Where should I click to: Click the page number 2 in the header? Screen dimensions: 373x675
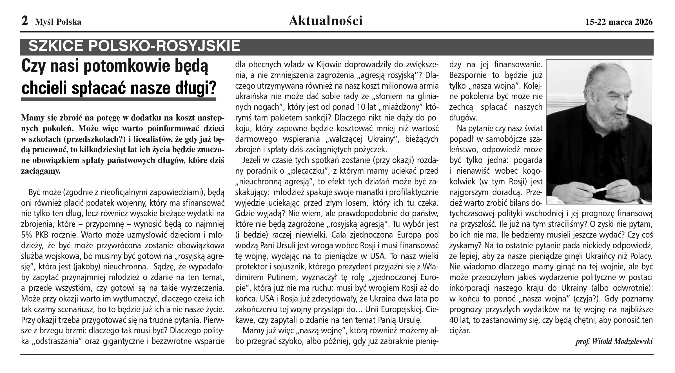[x=25, y=21]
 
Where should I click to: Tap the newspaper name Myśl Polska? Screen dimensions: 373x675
[x=58, y=22]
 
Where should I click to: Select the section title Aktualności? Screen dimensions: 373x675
[x=326, y=21]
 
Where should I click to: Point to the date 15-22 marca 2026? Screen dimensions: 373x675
[x=619, y=22]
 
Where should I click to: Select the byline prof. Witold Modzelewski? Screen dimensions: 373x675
[x=614, y=341]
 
